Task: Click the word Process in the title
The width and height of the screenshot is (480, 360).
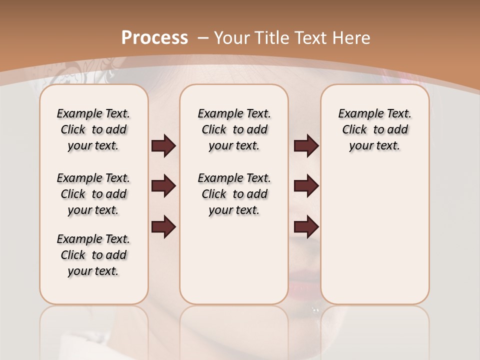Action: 154,38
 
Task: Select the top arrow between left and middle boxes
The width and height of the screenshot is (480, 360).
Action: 163,146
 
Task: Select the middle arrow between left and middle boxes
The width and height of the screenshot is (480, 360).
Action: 163,186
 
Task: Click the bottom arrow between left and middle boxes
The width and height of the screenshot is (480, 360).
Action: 163,226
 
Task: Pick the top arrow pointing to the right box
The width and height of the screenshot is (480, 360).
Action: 306,146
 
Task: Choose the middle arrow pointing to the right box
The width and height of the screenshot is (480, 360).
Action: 306,186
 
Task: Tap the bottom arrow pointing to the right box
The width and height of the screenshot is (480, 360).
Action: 306,226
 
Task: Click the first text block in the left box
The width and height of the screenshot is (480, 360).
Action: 93,129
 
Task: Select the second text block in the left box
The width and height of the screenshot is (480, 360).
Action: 93,194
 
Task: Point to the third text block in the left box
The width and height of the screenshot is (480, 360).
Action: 93,255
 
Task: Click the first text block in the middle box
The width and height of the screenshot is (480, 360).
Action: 234,129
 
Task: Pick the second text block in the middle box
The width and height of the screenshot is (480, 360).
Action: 234,194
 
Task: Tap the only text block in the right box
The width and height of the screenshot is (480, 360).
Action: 374,129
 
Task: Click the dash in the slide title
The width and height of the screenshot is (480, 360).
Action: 203,38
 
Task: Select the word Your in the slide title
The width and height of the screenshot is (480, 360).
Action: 232,38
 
